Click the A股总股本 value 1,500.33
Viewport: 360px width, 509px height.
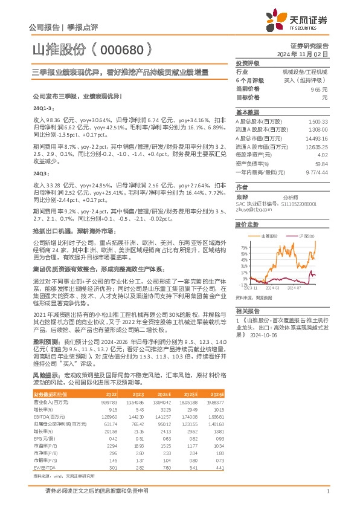(x=318, y=122)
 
